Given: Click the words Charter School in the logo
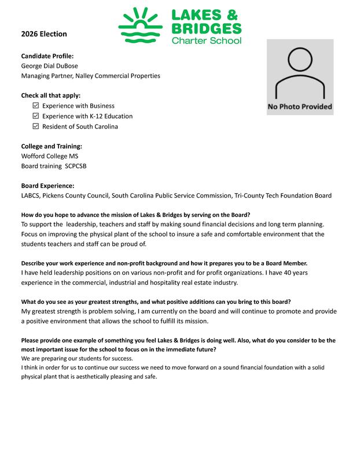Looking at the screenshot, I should (206, 41).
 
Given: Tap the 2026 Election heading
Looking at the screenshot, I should (44, 34).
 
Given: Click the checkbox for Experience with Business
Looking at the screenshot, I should (36, 106).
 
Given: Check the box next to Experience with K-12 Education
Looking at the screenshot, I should (36, 116).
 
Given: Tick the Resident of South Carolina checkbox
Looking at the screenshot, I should (36, 127).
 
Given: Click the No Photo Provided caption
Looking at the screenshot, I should (300, 106).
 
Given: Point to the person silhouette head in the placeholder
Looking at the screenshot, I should (300, 59).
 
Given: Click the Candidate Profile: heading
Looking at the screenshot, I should (47, 56).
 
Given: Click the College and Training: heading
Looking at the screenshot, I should (52, 146).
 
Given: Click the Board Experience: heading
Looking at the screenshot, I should (47, 186).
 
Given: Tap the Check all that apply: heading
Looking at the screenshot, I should (51, 95).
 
